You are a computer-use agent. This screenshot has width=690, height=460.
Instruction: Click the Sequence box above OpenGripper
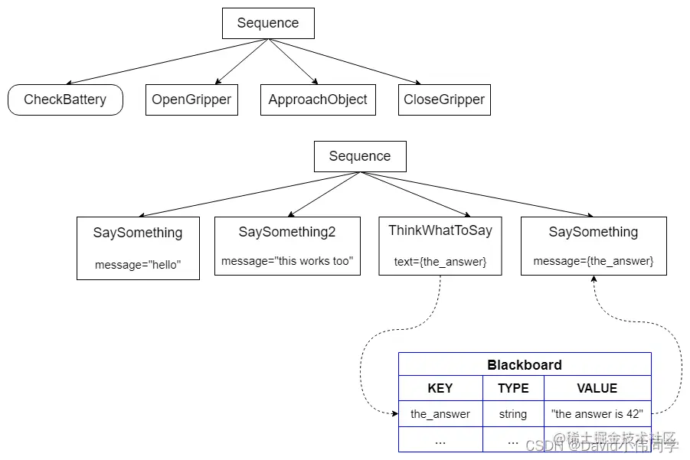268,23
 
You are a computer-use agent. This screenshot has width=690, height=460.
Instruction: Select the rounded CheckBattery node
65,100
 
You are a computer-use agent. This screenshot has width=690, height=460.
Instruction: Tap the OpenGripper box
191,100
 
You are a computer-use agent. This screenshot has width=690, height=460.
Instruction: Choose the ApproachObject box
318,100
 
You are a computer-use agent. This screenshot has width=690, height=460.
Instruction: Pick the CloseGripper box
444,100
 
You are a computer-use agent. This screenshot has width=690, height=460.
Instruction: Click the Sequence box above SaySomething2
360,156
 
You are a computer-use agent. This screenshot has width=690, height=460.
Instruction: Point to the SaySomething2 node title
287,232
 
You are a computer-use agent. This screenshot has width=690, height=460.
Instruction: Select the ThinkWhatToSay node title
440,230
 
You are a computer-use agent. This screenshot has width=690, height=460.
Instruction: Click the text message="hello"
138,265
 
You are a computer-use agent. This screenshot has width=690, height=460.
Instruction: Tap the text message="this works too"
287,261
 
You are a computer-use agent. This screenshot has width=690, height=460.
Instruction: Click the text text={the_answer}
440,262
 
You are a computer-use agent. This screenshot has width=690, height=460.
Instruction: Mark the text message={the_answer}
594,261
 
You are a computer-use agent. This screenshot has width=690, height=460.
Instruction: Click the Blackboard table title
525,365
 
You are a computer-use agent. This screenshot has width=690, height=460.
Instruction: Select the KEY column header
440,388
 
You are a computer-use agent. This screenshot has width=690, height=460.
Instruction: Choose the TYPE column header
513,388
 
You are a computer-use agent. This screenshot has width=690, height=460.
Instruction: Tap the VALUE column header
597,388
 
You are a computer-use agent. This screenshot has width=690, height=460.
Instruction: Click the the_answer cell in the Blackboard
440,414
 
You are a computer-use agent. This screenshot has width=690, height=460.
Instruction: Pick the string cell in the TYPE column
513,414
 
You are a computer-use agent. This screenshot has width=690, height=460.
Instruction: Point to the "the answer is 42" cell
597,414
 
